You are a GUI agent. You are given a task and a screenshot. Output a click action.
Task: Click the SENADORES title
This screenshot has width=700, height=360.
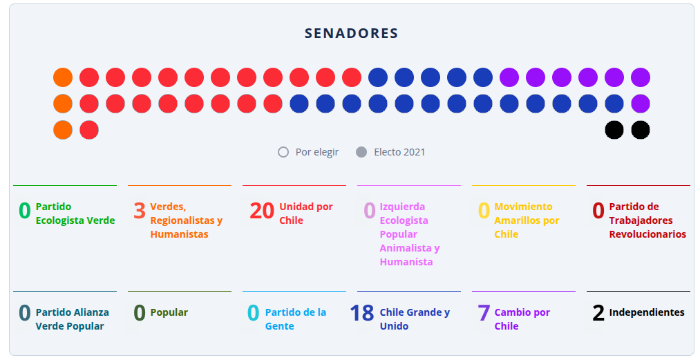click(x=351, y=33)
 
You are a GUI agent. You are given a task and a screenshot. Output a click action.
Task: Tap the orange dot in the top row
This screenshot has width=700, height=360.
click(x=63, y=77)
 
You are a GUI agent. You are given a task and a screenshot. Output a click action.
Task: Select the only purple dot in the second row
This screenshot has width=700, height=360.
click(x=641, y=104)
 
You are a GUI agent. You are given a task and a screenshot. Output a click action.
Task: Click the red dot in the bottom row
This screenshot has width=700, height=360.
click(x=89, y=130)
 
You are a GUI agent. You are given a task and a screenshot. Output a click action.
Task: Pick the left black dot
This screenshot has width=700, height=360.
click(x=614, y=130)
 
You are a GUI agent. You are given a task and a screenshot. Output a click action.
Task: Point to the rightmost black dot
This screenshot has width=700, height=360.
click(x=641, y=130)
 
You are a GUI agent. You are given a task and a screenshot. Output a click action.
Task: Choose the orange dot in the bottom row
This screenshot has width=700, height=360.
click(x=63, y=130)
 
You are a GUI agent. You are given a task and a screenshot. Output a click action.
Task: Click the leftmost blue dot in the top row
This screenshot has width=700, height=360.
click(x=378, y=77)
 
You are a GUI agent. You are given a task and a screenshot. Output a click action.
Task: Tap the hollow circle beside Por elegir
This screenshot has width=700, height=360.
click(x=283, y=152)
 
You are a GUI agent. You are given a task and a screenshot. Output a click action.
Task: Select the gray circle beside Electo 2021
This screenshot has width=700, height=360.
click(x=361, y=152)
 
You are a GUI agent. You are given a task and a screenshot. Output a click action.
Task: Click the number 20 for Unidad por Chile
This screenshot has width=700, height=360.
click(x=262, y=210)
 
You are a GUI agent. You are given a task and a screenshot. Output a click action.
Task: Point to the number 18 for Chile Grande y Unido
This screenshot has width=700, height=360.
click(x=362, y=313)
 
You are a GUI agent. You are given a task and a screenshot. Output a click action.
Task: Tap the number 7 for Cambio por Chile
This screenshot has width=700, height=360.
click(x=484, y=313)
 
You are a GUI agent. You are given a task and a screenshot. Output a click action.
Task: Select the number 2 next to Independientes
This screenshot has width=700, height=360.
click(x=598, y=313)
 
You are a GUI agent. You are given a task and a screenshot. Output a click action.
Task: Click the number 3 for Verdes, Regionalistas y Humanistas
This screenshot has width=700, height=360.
click(x=140, y=210)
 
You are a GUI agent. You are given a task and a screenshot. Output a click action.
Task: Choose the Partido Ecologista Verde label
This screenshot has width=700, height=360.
click(x=75, y=214)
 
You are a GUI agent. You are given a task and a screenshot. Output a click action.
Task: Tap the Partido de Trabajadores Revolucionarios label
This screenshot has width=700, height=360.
click(x=647, y=220)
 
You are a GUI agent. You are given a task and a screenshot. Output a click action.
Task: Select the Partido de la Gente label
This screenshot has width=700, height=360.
click(x=296, y=319)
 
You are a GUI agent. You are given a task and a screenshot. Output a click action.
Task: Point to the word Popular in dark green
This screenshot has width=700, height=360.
click(x=169, y=312)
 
